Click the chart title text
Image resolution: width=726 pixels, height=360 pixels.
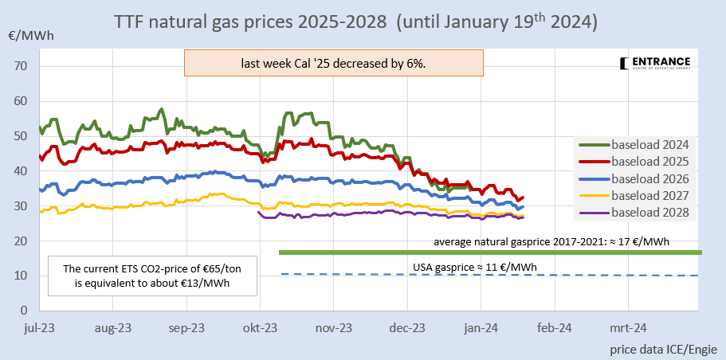pos(355,22)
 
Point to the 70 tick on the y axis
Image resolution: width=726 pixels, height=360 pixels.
pos(21,66)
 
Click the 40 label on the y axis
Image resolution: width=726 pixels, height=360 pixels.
pos(21,171)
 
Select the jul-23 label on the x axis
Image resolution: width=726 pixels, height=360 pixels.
pos(39,327)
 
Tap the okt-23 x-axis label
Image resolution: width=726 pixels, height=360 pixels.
pos(260,327)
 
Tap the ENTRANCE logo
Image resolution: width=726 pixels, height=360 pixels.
pos(654,65)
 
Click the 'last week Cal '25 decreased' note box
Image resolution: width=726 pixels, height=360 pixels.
pos(333,64)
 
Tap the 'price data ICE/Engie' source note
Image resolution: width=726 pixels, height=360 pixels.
pos(663,349)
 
